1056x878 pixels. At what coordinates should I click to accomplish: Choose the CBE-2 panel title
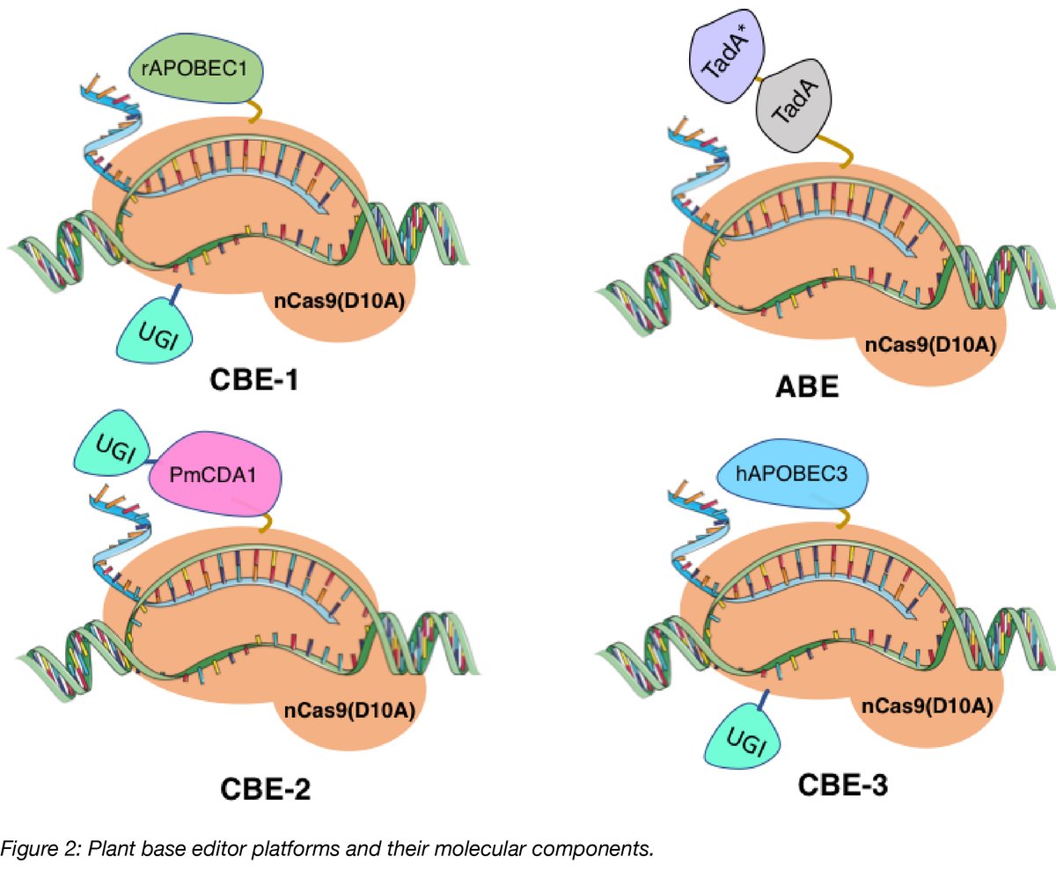tap(260, 789)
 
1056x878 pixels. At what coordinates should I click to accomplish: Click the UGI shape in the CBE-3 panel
tap(745, 746)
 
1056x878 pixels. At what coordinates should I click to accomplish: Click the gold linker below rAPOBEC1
tap(254, 112)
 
